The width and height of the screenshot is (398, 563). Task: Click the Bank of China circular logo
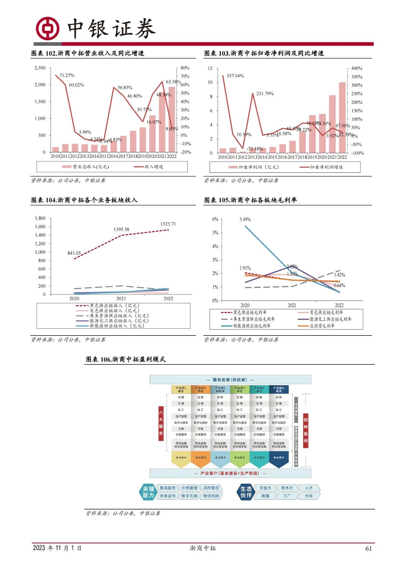(x=47, y=28)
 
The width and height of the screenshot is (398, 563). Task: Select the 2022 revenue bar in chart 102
(x=172, y=119)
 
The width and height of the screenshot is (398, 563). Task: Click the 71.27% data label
(x=67, y=75)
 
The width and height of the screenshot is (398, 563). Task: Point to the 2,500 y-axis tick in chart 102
(x=40, y=68)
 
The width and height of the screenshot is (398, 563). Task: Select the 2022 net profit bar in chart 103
(x=342, y=118)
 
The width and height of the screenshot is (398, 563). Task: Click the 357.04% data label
(x=235, y=76)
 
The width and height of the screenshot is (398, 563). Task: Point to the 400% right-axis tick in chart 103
(x=357, y=68)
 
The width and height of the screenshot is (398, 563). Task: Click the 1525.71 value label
(x=168, y=224)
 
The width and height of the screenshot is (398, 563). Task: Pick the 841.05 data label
(x=74, y=253)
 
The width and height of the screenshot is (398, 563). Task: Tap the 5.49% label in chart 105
(x=245, y=219)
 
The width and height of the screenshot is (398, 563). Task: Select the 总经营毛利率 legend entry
(x=322, y=326)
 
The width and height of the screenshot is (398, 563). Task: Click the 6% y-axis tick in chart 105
(x=215, y=219)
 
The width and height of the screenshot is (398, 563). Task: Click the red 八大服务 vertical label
(x=161, y=423)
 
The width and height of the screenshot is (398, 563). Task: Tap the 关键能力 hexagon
(x=148, y=492)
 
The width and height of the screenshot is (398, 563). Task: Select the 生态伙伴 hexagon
(x=246, y=492)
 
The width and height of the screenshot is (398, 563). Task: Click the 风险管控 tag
(x=211, y=488)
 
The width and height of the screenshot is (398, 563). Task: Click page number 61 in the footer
(x=368, y=549)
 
